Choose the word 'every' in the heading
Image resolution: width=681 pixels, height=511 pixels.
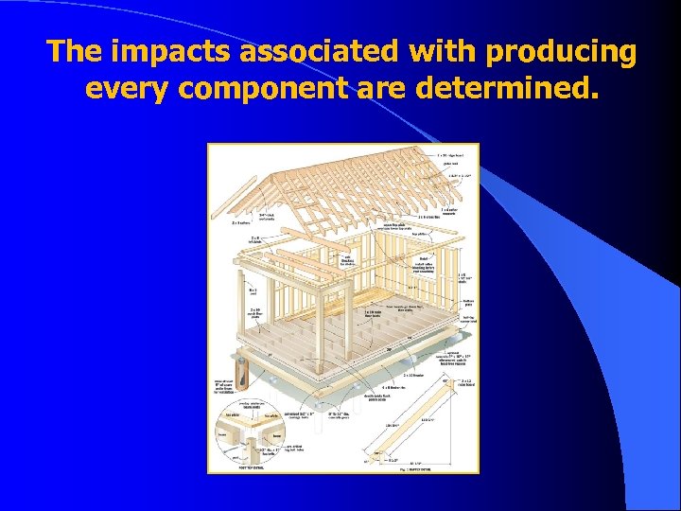coord(127,89)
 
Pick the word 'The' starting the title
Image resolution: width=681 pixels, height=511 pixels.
coord(73,51)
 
